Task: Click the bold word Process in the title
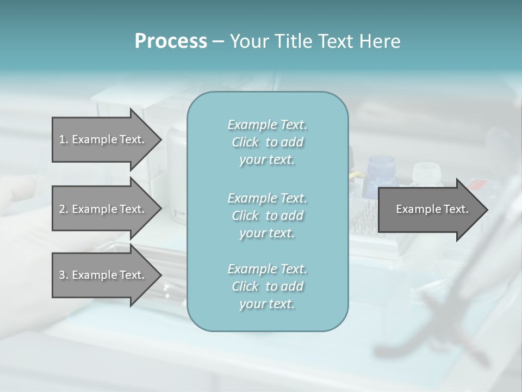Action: pyautogui.click(x=171, y=41)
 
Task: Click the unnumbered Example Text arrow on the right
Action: pyautogui.click(x=432, y=209)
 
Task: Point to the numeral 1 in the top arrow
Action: pyautogui.click(x=62, y=139)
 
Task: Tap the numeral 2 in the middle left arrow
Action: pyautogui.click(x=62, y=209)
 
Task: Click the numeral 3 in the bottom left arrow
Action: pyautogui.click(x=62, y=275)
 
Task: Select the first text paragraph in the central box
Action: pyautogui.click(x=267, y=142)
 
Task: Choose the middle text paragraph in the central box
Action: pyautogui.click(x=267, y=216)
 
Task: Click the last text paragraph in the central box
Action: pyautogui.click(x=267, y=286)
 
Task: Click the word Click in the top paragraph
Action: pyautogui.click(x=245, y=142)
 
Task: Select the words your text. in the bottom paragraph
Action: pyautogui.click(x=267, y=304)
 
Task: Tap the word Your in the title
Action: pyautogui.click(x=248, y=41)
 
